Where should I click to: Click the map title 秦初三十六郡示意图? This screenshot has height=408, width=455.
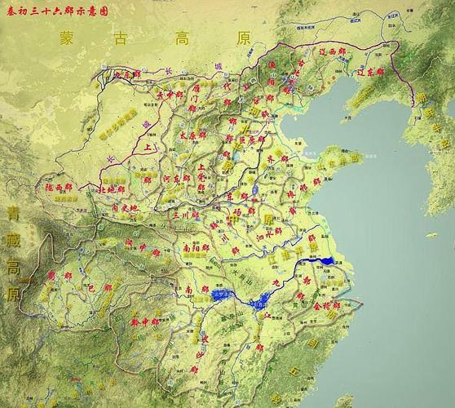pyautogui.click(x=56, y=11)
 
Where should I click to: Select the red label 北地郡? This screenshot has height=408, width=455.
pyautogui.click(x=109, y=188)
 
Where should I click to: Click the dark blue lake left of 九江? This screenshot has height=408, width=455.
pyautogui.click(x=222, y=294)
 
